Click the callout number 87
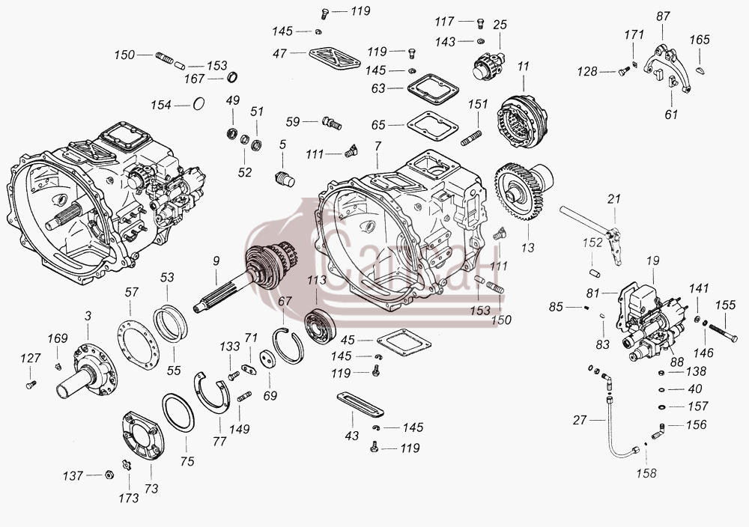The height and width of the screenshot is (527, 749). tap(663, 16)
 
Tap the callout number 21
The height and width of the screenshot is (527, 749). tap(614, 199)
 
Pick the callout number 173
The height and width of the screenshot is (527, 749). tap(129, 499)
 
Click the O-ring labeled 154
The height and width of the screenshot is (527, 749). tap(198, 104)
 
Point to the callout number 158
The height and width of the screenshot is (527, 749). tap(646, 473)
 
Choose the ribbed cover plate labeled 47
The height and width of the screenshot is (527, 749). tap(334, 59)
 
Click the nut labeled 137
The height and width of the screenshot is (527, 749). tap(109, 475)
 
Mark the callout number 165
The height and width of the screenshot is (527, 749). tap(700, 40)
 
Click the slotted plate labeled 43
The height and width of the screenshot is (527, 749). tap(360, 403)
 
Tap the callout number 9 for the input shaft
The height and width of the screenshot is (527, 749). tap(216, 261)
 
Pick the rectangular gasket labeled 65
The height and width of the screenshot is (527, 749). tap(432, 126)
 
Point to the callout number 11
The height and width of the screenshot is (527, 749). tap(524, 67)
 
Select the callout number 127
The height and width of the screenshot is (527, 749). tap(30, 358)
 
